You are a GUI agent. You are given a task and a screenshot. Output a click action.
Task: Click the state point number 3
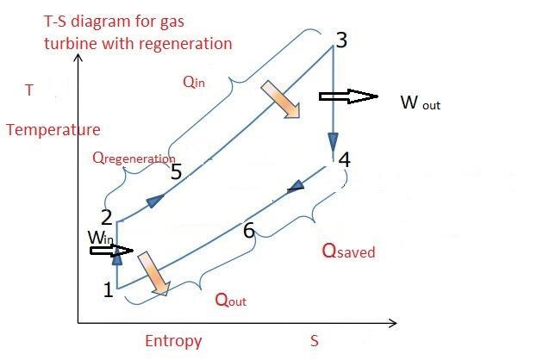pyautogui.click(x=341, y=40)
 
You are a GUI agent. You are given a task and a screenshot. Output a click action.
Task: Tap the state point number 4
pyautogui.click(x=345, y=160)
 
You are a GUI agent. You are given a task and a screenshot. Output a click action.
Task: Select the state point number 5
pyautogui.click(x=176, y=171)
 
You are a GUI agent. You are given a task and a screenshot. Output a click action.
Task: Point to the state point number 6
pyautogui.click(x=249, y=230)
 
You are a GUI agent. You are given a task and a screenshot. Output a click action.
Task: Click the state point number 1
pyautogui.click(x=109, y=289)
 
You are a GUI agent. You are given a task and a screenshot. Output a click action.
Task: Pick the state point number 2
pyautogui.click(x=107, y=218)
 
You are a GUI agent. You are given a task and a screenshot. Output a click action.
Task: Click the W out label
pyautogui.click(x=421, y=102)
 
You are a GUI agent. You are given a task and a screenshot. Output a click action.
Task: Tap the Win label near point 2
pyautogui.click(x=100, y=238)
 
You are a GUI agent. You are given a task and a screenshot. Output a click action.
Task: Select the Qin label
pyautogui.click(x=194, y=82)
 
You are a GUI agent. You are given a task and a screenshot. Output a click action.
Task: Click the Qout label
pyautogui.click(x=230, y=300)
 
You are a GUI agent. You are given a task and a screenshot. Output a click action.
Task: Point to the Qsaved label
pyautogui.click(x=348, y=251)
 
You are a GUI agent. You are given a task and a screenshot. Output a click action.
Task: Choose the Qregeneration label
pyautogui.click(x=134, y=158)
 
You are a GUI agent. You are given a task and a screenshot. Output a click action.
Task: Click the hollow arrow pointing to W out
pyautogui.click(x=348, y=96)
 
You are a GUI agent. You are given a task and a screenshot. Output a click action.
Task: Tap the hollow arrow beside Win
pyautogui.click(x=111, y=251)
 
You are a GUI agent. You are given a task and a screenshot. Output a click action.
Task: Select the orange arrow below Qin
pyautogui.click(x=281, y=100)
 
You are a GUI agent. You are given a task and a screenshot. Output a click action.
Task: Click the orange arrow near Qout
pyautogui.click(x=154, y=273)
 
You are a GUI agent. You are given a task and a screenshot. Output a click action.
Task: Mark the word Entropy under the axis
pyautogui.click(x=173, y=341)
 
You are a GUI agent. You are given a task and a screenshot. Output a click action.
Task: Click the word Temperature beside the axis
pyautogui.click(x=53, y=130)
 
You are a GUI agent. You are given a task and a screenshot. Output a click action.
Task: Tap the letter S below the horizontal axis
pyautogui.click(x=315, y=341)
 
